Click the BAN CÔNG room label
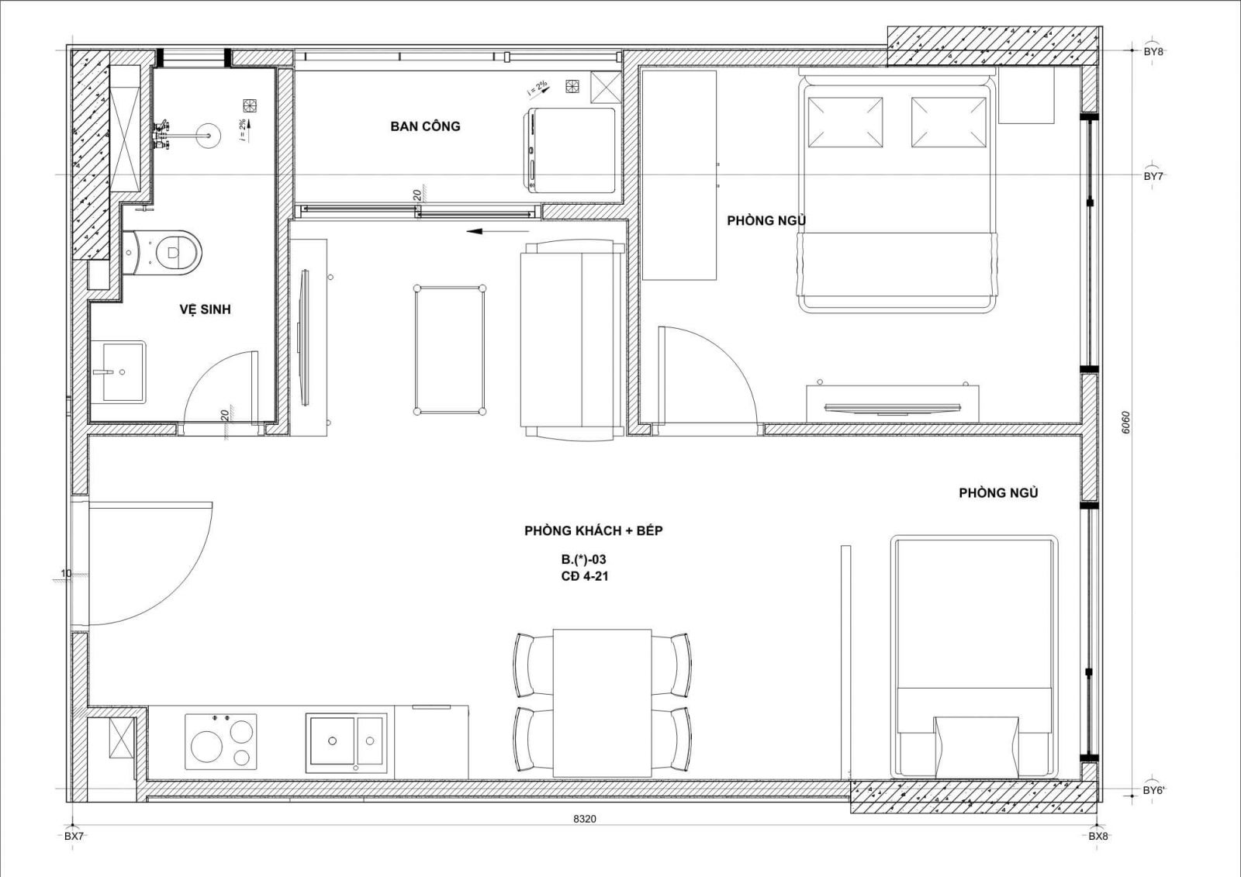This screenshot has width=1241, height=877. pyautogui.click(x=425, y=126)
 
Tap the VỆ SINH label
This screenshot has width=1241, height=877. pyautogui.click(x=205, y=309)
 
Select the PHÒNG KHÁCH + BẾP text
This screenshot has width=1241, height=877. pyautogui.click(x=593, y=530)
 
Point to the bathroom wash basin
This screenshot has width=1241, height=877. pyautogui.click(x=117, y=371)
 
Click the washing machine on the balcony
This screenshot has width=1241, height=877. pyautogui.click(x=569, y=150)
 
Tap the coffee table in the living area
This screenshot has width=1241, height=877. pyautogui.click(x=449, y=350)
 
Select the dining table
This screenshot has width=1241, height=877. pyautogui.click(x=602, y=703)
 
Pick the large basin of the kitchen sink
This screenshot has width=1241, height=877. pyautogui.click(x=332, y=741)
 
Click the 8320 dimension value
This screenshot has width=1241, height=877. pyautogui.click(x=585, y=819)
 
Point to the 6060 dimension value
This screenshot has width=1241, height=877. pyautogui.click(x=1125, y=422)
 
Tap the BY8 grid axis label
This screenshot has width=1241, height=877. pyautogui.click(x=1153, y=51)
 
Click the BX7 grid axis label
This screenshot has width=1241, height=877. pyautogui.click(x=74, y=836)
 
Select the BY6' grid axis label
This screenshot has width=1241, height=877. pyautogui.click(x=1154, y=791)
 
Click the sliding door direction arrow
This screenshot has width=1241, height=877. pyautogui.click(x=497, y=231)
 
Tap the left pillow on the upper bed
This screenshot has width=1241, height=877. pyautogui.click(x=845, y=123)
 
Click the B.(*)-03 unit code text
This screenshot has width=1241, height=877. pyautogui.click(x=583, y=560)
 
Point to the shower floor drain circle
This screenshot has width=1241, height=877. pyautogui.click(x=209, y=135)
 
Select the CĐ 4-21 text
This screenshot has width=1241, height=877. pyautogui.click(x=585, y=576)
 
